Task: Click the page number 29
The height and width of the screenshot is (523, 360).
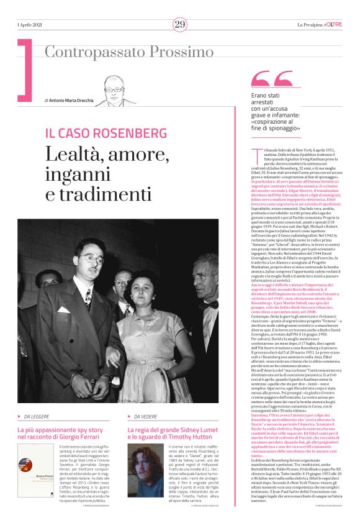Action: click(x=180, y=24)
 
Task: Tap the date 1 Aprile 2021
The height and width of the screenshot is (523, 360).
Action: click(x=30, y=24)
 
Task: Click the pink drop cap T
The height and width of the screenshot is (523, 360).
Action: click(x=255, y=153)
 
